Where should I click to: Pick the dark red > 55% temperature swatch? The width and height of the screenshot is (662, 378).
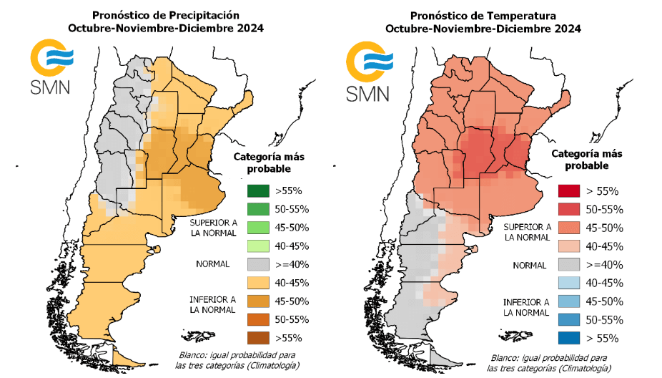pyautogui.click(x=570, y=191)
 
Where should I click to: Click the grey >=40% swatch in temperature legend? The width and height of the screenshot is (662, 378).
pyautogui.click(x=570, y=265)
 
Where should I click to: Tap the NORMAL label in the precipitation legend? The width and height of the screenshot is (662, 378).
pyautogui.click(x=213, y=264)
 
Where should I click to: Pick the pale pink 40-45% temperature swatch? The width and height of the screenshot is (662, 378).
pyautogui.click(x=570, y=246)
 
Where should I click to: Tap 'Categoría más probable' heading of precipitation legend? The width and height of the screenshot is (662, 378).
pyautogui.click(x=269, y=163)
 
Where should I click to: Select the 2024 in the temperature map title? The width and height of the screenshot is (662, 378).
pyautogui.click(x=566, y=29)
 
